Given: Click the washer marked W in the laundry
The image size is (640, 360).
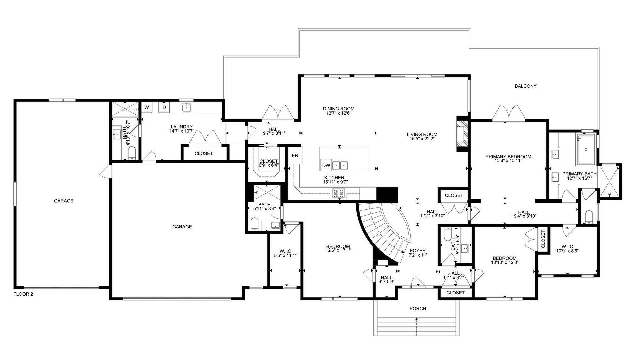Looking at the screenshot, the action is [147, 107].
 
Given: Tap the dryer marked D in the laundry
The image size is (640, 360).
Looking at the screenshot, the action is [164, 107].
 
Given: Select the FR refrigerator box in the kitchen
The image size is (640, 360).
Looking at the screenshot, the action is [295, 155].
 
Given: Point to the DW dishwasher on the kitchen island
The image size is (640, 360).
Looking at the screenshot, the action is [326, 165].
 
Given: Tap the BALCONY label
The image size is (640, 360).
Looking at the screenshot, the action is [526, 86].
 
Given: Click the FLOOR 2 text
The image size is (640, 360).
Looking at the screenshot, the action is [23, 294].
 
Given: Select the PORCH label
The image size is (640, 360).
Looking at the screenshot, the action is [418, 309].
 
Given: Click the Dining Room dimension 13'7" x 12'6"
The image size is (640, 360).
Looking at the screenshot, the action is [338, 113].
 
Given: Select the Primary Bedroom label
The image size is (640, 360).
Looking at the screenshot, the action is [508, 157].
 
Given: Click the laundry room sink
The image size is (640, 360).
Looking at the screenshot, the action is [186, 108].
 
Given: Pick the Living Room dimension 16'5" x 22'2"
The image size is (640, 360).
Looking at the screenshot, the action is [422, 139].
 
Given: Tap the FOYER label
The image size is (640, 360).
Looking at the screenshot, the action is [418, 251].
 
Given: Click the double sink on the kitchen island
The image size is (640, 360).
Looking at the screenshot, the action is [340, 165].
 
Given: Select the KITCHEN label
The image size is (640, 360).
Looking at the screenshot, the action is [334, 178].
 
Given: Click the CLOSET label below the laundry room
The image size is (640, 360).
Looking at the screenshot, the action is [204, 153].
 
